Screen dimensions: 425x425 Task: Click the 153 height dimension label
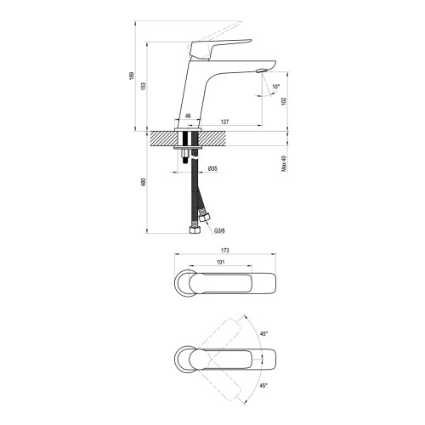(143, 86)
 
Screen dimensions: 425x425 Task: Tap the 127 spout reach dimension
(224, 122)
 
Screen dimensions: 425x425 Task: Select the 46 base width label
(188, 116)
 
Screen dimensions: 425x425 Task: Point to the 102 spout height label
(285, 101)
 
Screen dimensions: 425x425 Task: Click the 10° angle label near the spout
(276, 87)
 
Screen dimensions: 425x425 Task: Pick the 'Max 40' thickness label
(285, 163)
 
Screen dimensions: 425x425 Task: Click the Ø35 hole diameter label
(212, 168)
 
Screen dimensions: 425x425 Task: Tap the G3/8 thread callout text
(219, 230)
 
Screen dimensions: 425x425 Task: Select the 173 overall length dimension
(224, 251)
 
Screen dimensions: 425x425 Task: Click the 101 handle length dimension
(220, 262)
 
